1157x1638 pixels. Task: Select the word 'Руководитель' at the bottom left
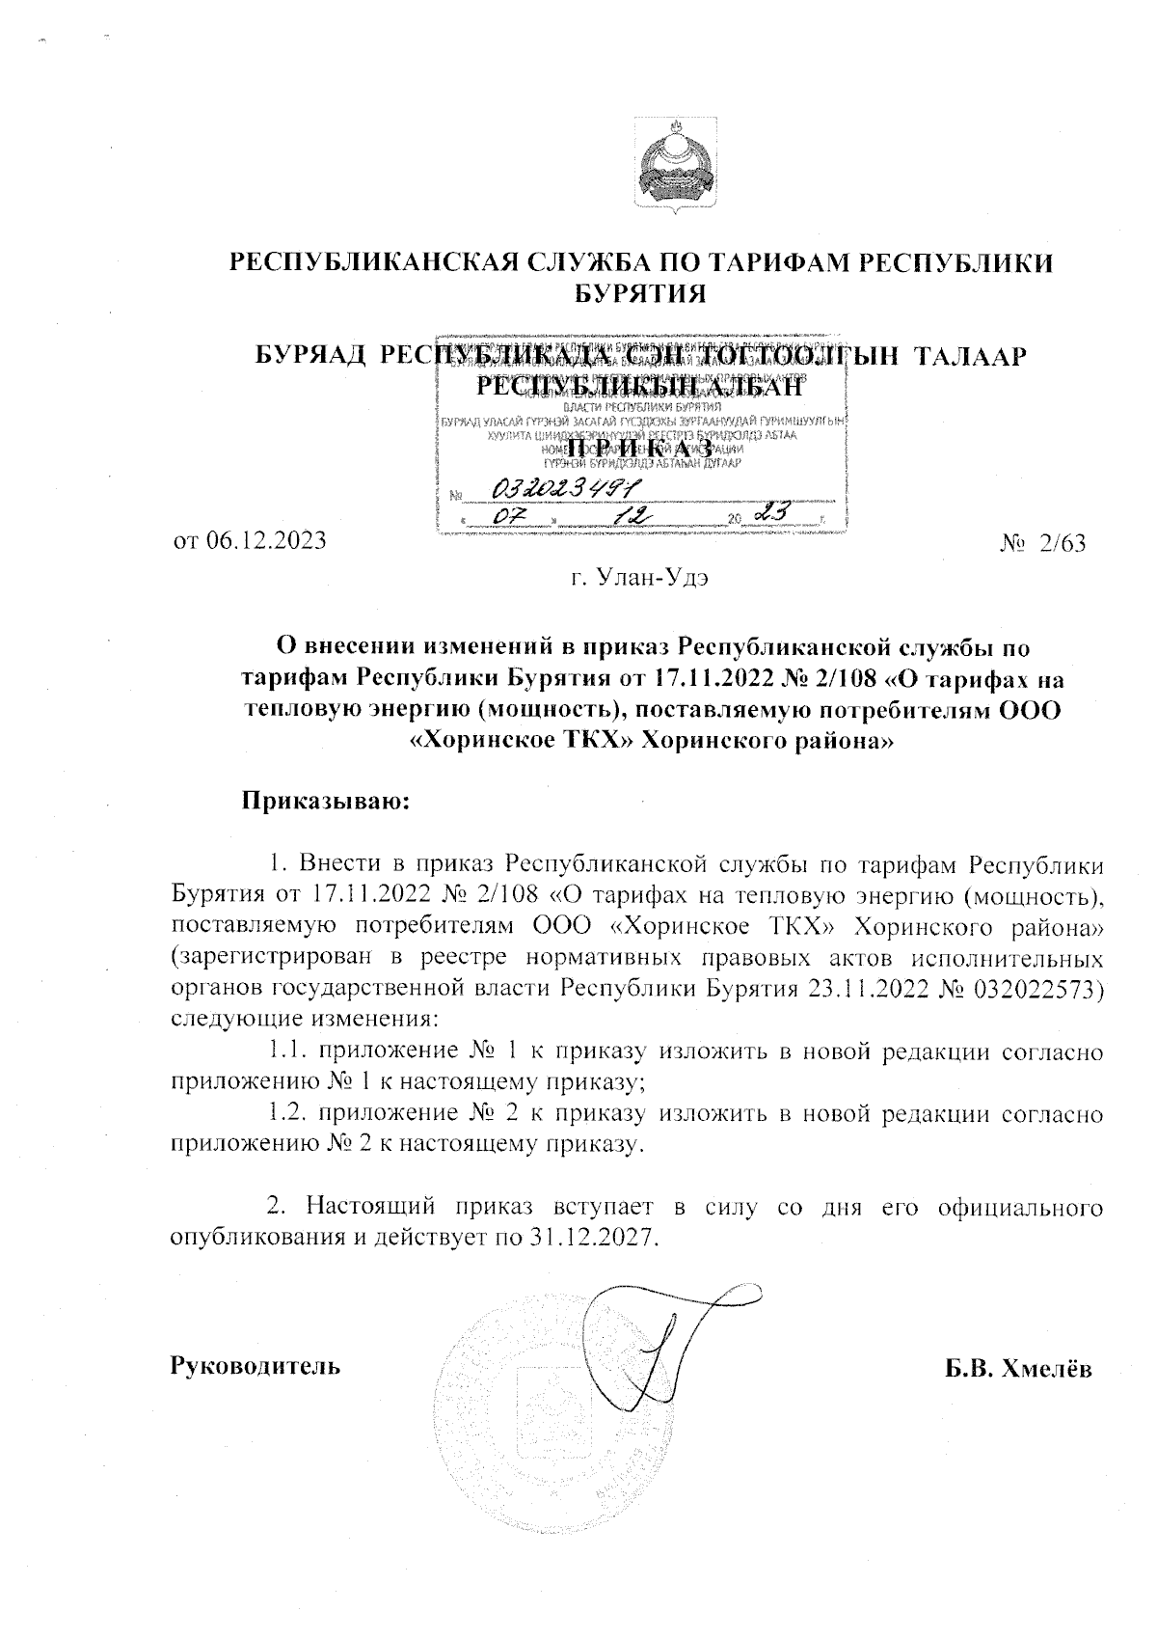click(255, 1366)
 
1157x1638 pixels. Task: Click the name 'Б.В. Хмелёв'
click(1018, 1368)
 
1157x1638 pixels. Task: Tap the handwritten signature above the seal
click(665, 1341)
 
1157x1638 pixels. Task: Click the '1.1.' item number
click(285, 1052)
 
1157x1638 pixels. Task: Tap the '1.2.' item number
click(285, 1114)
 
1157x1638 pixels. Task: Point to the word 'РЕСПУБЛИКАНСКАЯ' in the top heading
click(381, 262)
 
